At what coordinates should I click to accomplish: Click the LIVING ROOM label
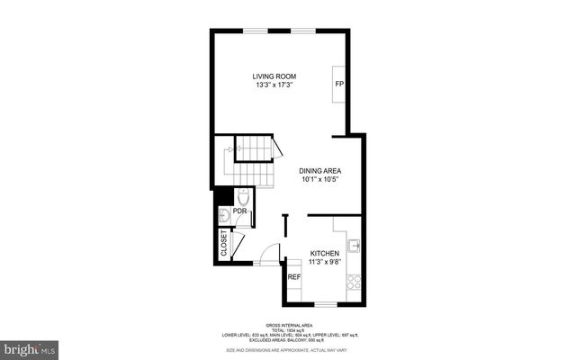click(275, 76)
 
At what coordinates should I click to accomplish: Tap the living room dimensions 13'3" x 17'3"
click(275, 85)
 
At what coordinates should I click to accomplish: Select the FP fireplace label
click(339, 84)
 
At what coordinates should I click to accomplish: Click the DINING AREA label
click(320, 170)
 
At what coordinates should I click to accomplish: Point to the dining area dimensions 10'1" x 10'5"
click(320, 179)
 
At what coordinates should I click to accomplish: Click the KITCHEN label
click(326, 254)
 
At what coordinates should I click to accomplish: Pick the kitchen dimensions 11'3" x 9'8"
click(326, 263)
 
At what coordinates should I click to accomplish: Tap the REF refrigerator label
click(293, 276)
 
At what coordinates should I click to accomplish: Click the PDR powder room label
click(239, 211)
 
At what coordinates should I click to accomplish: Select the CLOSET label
click(224, 243)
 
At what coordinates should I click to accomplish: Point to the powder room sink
click(224, 214)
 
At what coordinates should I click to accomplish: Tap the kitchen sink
click(355, 244)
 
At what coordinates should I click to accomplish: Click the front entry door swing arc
click(268, 256)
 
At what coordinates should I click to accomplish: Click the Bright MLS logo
click(30, 347)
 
